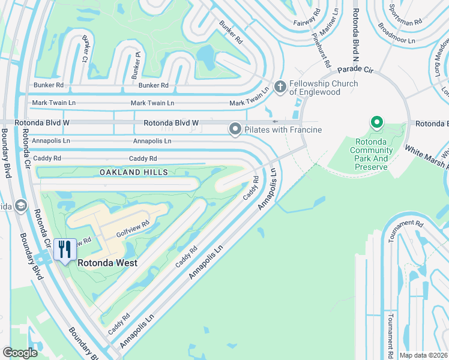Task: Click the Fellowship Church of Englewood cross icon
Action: point(279,87)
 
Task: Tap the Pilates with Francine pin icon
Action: point(235,129)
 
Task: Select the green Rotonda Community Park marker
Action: point(377,123)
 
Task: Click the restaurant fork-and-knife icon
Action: point(64,249)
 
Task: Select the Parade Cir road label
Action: point(355,70)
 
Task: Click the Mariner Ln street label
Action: point(329,25)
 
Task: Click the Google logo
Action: point(20,352)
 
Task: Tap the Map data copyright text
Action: point(424,355)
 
